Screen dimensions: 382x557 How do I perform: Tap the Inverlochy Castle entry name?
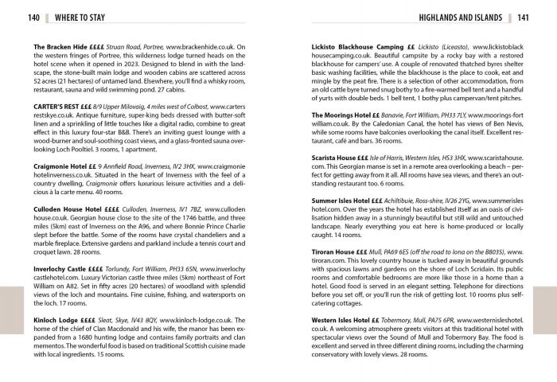coord(63,270)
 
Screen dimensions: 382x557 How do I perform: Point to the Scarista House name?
coord(337,160)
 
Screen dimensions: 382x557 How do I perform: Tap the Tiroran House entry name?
coord(337,251)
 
